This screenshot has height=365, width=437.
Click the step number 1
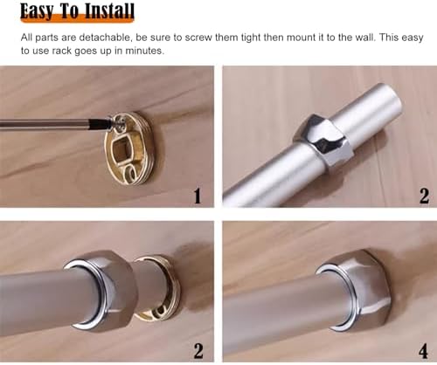[197, 195]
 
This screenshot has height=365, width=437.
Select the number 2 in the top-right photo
[423, 195]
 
